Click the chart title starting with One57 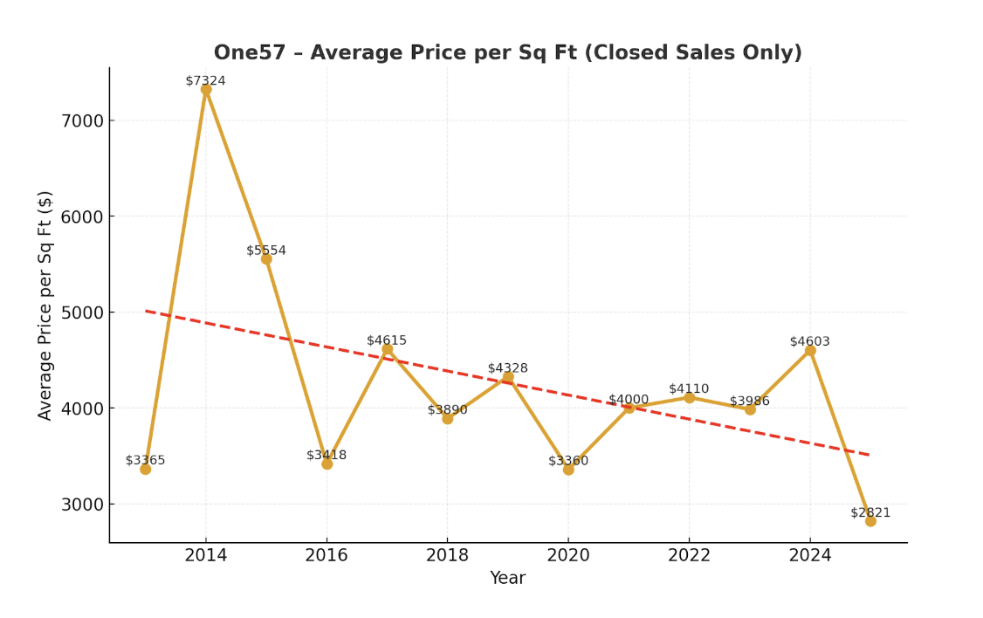click(507, 53)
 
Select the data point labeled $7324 click(206, 89)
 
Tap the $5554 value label click(266, 251)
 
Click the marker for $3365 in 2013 click(146, 469)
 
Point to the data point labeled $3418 click(327, 463)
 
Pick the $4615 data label click(387, 340)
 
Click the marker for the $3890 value click(447, 418)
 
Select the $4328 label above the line click(507, 368)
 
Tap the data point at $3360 click(568, 470)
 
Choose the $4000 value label click(629, 400)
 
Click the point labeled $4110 click(689, 397)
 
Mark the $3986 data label click(750, 402)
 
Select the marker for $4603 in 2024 click(810, 350)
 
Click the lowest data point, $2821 click(870, 521)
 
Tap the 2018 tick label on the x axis click(447, 556)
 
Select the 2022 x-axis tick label click(689, 556)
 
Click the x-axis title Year click(507, 578)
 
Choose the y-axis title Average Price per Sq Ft click(45, 305)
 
